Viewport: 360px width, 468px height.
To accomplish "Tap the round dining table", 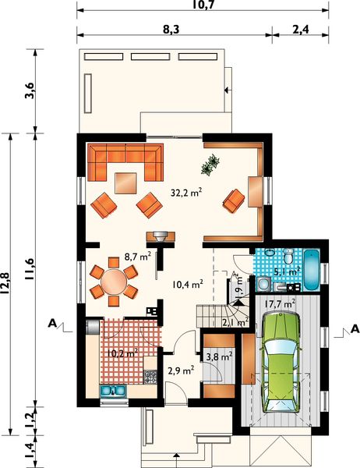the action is pos(114,282).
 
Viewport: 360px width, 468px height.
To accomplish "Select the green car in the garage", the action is pos(281,362).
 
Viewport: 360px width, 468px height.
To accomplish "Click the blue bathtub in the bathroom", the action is pos(312,270).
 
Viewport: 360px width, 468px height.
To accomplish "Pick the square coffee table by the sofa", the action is pos(126,183).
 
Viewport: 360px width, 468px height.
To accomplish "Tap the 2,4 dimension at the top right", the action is pos(301,30).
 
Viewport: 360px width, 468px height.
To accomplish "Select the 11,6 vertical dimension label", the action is pos(30,269).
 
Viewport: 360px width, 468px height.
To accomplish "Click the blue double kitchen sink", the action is pos(113,391).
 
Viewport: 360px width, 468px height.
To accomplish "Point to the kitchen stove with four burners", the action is pos(150,377).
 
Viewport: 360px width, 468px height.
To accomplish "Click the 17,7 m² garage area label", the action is pos(280,304).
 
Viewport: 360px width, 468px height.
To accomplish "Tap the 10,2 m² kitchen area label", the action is pos(122,354).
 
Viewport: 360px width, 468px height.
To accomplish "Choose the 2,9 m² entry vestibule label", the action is pos(181,370).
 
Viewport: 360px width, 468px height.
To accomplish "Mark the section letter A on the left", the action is pos(52,323).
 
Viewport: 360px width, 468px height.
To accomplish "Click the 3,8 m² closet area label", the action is pos(219,356).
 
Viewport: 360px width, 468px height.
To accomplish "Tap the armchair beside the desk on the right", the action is pos(234,201).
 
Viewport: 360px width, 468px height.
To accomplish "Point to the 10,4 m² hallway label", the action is pos(188,284).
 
